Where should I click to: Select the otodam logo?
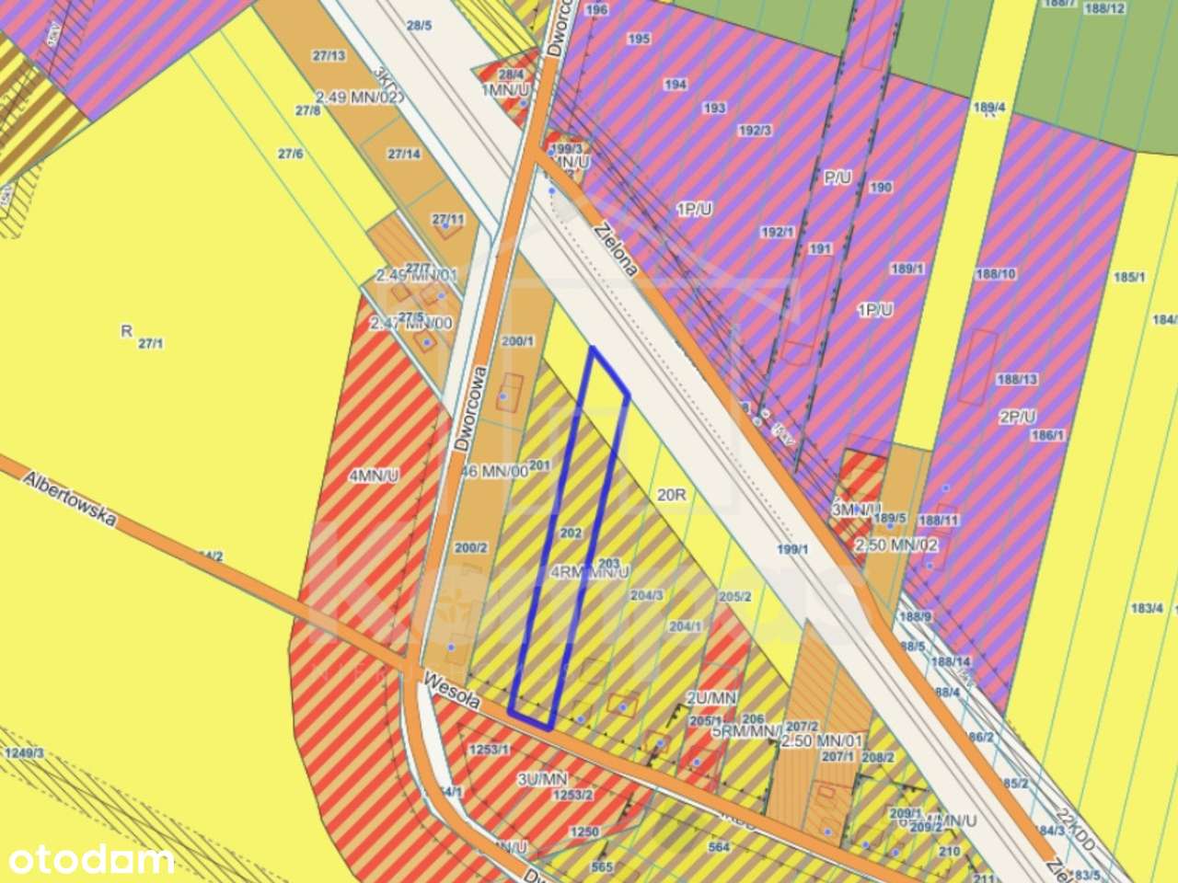[87, 861]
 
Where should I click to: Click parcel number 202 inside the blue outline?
[571, 533]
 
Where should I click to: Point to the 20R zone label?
[673, 494]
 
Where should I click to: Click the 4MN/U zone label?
[374, 476]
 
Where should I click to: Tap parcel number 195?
[639, 39]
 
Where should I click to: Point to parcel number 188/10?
[995, 274]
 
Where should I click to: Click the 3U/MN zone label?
[541, 779]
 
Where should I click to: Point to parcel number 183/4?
[1147, 608]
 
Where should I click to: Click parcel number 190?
[880, 188]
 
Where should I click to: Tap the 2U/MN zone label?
[711, 697]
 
